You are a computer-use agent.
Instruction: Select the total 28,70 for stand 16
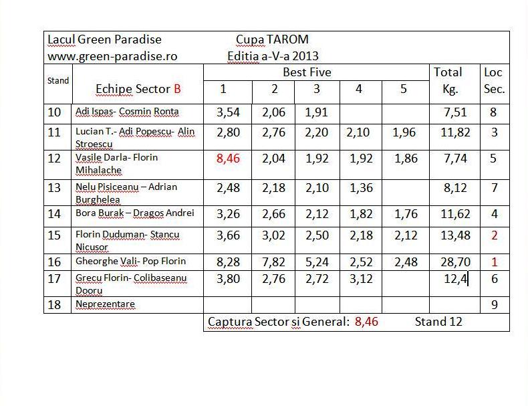click(450, 261)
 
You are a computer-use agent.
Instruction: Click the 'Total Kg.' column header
click(448, 80)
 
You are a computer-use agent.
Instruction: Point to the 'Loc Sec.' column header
click(493, 80)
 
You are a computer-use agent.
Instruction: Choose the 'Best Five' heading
click(307, 72)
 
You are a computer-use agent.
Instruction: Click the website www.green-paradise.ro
click(112, 56)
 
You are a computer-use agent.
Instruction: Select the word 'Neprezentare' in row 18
click(105, 304)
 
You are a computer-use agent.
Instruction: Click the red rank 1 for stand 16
click(494, 261)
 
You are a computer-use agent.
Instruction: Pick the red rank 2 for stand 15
click(494, 235)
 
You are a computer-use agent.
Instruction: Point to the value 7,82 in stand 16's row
click(275, 261)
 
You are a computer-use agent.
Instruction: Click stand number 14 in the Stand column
click(55, 214)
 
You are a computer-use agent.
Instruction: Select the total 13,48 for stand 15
click(450, 235)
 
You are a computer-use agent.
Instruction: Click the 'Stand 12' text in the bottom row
click(438, 322)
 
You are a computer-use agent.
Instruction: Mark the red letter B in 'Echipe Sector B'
click(177, 89)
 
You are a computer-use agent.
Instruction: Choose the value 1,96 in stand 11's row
click(403, 132)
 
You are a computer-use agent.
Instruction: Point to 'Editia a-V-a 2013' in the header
click(273, 56)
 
